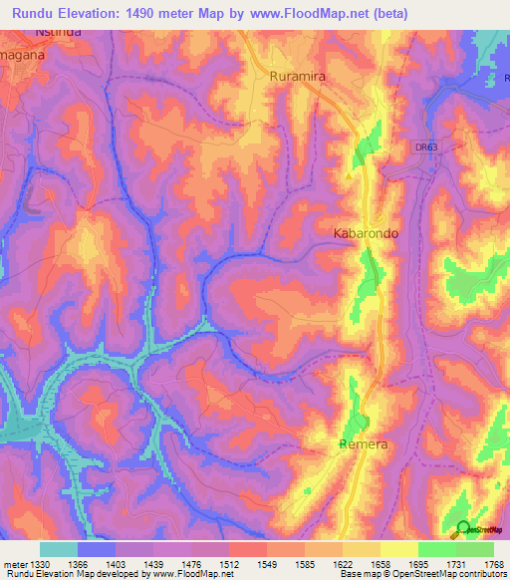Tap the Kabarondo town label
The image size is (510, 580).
(365, 233)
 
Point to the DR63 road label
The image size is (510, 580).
(426, 147)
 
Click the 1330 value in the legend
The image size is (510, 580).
(40, 563)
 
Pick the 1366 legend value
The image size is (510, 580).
(78, 563)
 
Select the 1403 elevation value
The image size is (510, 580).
(116, 563)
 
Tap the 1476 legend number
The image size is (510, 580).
(191, 563)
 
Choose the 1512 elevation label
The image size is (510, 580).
(229, 563)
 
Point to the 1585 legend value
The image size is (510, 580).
(305, 563)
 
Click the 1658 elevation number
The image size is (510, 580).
(381, 563)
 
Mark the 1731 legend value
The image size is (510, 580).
(456, 563)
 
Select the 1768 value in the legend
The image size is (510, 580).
(492, 563)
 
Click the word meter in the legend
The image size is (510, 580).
(14, 563)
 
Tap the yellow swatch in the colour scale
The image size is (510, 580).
(398, 549)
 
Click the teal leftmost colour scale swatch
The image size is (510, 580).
(59, 549)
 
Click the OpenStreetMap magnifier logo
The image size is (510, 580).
(462, 529)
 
